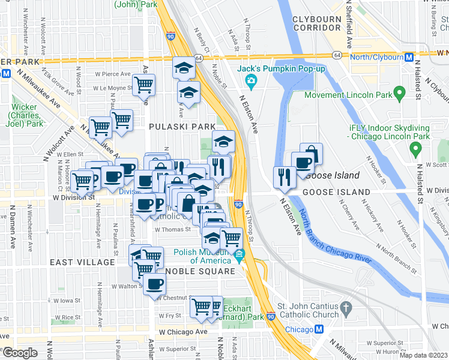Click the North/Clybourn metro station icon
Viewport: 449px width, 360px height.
coord(409,58)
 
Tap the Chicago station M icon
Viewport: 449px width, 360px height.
coord(319,329)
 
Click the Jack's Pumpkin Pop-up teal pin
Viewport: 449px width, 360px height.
coord(252,81)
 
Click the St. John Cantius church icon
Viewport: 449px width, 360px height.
coord(345,309)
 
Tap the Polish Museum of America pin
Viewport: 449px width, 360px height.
coord(240,256)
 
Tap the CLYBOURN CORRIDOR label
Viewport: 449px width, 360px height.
coord(316,23)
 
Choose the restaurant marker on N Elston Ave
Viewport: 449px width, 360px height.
coord(284,176)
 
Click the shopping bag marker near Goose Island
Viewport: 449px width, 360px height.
coord(311,154)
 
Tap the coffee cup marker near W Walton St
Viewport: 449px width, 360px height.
coord(155,284)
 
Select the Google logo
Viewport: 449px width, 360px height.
coord(20,353)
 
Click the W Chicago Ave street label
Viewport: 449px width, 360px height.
coord(183,332)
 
